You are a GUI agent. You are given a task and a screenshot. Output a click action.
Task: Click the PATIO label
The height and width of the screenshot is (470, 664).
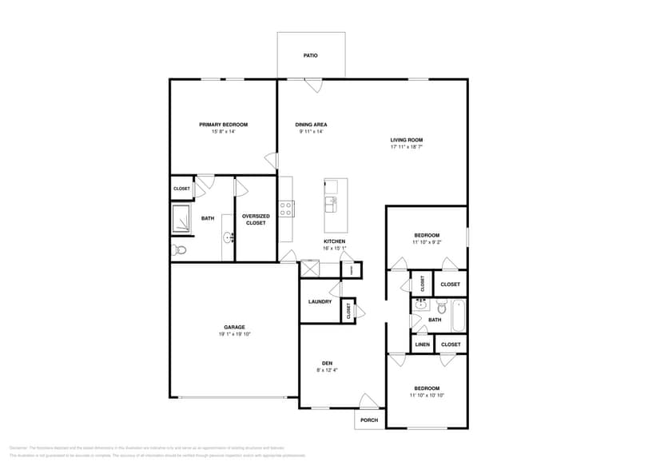311,56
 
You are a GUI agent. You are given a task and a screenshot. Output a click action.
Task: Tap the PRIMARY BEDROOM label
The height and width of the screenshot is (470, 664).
223,125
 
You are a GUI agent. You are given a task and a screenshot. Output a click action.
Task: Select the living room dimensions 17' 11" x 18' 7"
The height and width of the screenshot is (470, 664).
406,147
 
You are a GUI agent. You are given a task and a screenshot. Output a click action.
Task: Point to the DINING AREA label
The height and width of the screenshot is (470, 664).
311,125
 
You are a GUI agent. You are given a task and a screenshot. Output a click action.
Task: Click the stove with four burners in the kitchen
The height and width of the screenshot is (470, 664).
286,209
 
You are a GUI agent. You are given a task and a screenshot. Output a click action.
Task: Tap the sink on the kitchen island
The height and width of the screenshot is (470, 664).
330,205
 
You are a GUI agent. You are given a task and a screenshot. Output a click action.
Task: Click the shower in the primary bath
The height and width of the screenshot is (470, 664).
182,219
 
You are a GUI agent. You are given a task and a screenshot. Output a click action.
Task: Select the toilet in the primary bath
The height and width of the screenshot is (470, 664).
179,251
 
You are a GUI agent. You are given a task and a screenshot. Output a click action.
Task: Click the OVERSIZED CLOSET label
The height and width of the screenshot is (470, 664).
256,219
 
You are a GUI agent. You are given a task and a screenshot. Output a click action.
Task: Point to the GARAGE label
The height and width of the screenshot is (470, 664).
234,327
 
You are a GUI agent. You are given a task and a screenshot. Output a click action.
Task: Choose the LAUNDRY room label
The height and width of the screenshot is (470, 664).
320,301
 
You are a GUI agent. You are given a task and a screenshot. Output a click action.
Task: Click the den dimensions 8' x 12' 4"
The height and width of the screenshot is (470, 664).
326,370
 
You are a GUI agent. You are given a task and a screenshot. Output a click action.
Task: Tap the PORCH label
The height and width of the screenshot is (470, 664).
369,420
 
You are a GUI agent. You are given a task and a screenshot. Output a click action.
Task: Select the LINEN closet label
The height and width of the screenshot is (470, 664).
422,345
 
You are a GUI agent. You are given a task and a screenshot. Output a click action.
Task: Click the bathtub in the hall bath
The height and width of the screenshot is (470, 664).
459,316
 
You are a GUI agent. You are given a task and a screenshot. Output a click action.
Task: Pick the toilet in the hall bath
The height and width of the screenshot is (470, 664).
441,305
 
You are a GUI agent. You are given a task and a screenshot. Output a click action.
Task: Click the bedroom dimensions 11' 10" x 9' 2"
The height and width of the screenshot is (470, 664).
427,241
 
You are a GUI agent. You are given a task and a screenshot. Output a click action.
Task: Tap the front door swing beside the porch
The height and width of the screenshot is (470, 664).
368,401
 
